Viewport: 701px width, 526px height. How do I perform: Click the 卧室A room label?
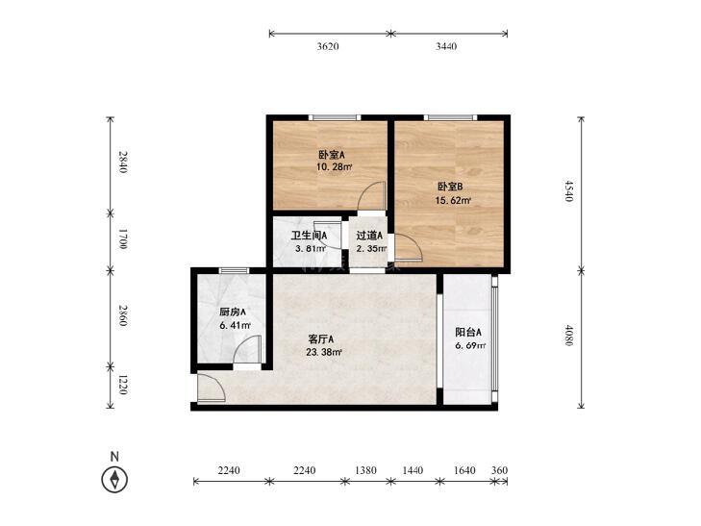(332, 155)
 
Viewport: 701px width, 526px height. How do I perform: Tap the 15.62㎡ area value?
(453, 201)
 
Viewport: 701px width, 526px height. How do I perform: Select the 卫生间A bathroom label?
(309, 235)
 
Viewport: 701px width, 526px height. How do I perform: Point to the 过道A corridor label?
(369, 235)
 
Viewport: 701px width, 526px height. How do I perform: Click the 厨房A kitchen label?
(233, 312)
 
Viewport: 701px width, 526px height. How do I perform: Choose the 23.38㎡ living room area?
(324, 352)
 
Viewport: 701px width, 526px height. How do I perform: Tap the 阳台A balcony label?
(468, 332)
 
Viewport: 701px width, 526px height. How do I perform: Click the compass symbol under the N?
(114, 480)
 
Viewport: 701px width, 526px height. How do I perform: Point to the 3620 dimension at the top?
(328, 46)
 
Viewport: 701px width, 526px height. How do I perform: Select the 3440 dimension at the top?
(446, 46)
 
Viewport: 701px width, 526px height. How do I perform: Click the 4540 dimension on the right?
(568, 190)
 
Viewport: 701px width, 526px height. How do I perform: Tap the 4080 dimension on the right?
(568, 336)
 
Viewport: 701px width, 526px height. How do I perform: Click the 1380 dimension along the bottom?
(365, 470)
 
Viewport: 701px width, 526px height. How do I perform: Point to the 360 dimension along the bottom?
(499, 470)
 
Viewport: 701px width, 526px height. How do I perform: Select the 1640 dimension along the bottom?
(464, 470)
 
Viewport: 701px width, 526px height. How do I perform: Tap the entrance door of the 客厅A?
(211, 388)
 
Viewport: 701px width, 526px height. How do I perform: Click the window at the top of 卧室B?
(451, 117)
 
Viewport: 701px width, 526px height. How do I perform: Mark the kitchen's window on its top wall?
(234, 270)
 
